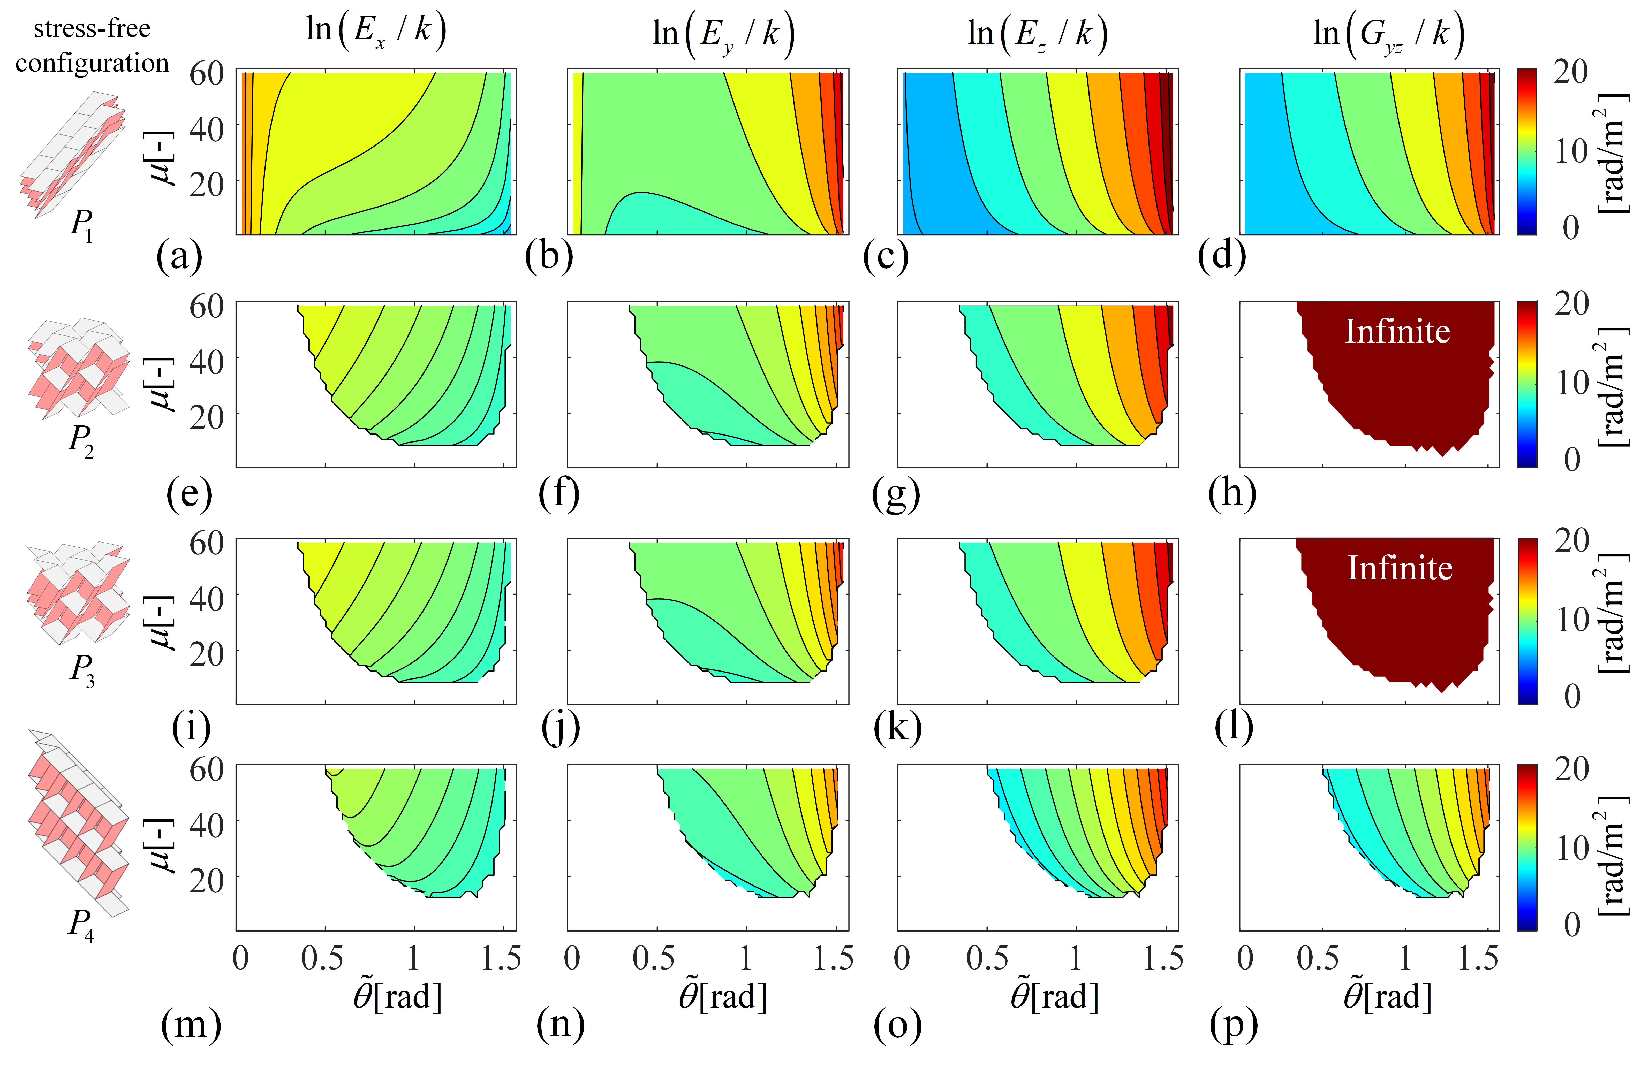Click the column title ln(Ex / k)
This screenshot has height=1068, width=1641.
(376, 32)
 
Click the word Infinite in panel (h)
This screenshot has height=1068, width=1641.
(1398, 332)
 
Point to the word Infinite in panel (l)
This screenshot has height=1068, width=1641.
(1400, 568)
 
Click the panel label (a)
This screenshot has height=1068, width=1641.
(179, 256)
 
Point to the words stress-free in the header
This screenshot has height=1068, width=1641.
(92, 29)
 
